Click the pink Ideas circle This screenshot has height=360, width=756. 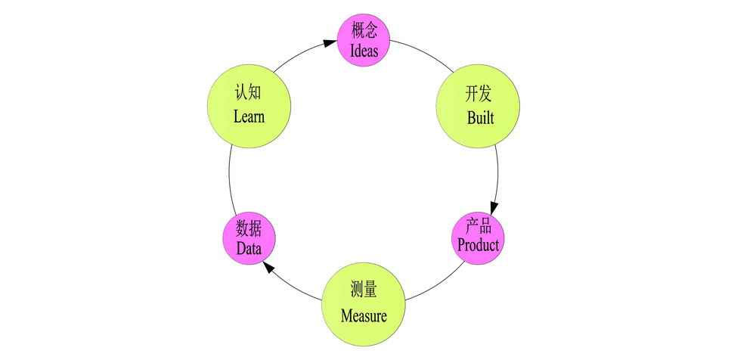point(364,41)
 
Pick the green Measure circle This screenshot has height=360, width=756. point(364,304)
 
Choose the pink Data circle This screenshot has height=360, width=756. point(248,238)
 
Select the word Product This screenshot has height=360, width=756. point(478,246)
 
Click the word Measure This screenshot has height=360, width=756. point(364,316)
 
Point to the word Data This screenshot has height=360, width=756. point(248,248)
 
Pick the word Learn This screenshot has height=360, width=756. point(249,117)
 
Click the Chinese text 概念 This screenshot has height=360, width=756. point(364,32)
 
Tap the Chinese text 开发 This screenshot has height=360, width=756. point(478,95)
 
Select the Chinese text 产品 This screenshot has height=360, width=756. point(479,226)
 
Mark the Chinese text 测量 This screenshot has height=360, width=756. point(364,291)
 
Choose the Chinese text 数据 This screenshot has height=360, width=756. point(249,228)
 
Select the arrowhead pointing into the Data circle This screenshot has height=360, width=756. point(267,268)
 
